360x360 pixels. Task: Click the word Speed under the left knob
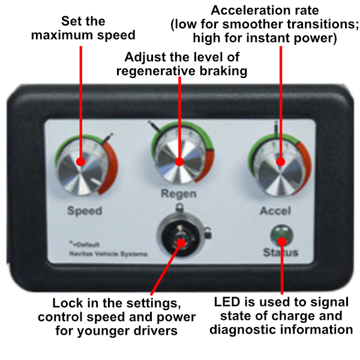(85, 211)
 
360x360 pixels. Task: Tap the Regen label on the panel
(179, 194)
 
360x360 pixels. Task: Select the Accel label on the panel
(275, 211)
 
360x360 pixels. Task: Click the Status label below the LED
(280, 252)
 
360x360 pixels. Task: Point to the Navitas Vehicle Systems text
(108, 254)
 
